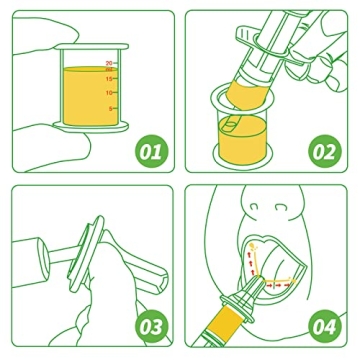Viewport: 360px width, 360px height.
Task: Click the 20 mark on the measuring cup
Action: [x=109, y=62]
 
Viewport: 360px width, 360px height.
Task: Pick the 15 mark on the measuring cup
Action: [x=109, y=78]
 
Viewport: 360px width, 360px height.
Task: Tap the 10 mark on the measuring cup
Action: [x=109, y=93]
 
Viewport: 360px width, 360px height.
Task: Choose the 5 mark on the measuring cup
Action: [x=110, y=109]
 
